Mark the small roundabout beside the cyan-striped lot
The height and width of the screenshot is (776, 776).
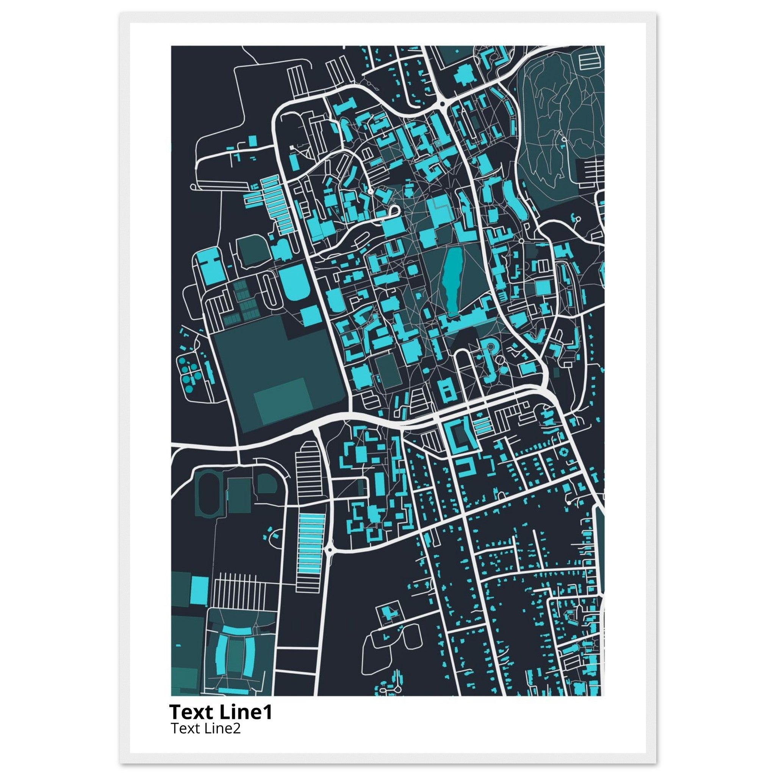pyautogui.click(x=330, y=549)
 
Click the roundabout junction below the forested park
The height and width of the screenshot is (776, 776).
pyautogui.click(x=442, y=103)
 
